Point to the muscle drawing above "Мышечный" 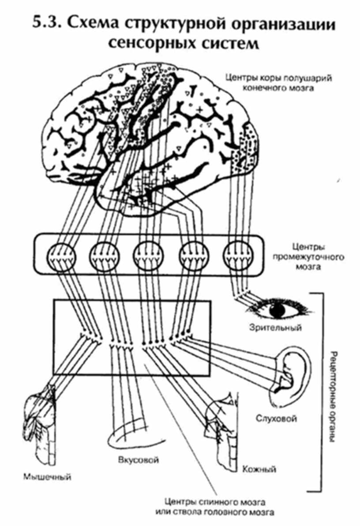41,423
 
